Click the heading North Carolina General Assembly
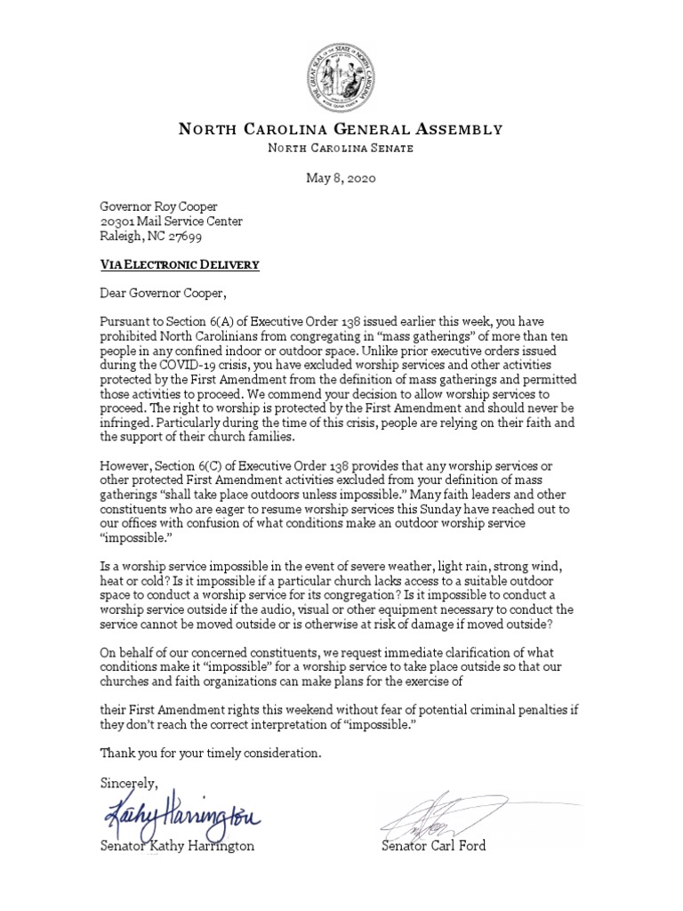pyautogui.click(x=341, y=130)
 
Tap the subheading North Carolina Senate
pyautogui.click(x=341, y=149)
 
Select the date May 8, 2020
pyautogui.click(x=341, y=178)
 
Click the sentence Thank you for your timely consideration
pyautogui.click(x=209, y=754)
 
